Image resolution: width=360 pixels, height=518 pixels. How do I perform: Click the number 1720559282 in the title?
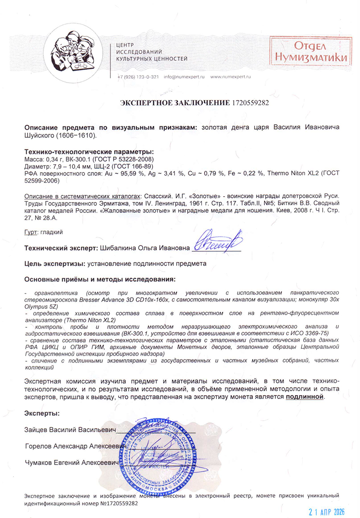click(x=250, y=103)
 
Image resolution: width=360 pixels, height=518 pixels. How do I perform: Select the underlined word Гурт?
click(x=31, y=233)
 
